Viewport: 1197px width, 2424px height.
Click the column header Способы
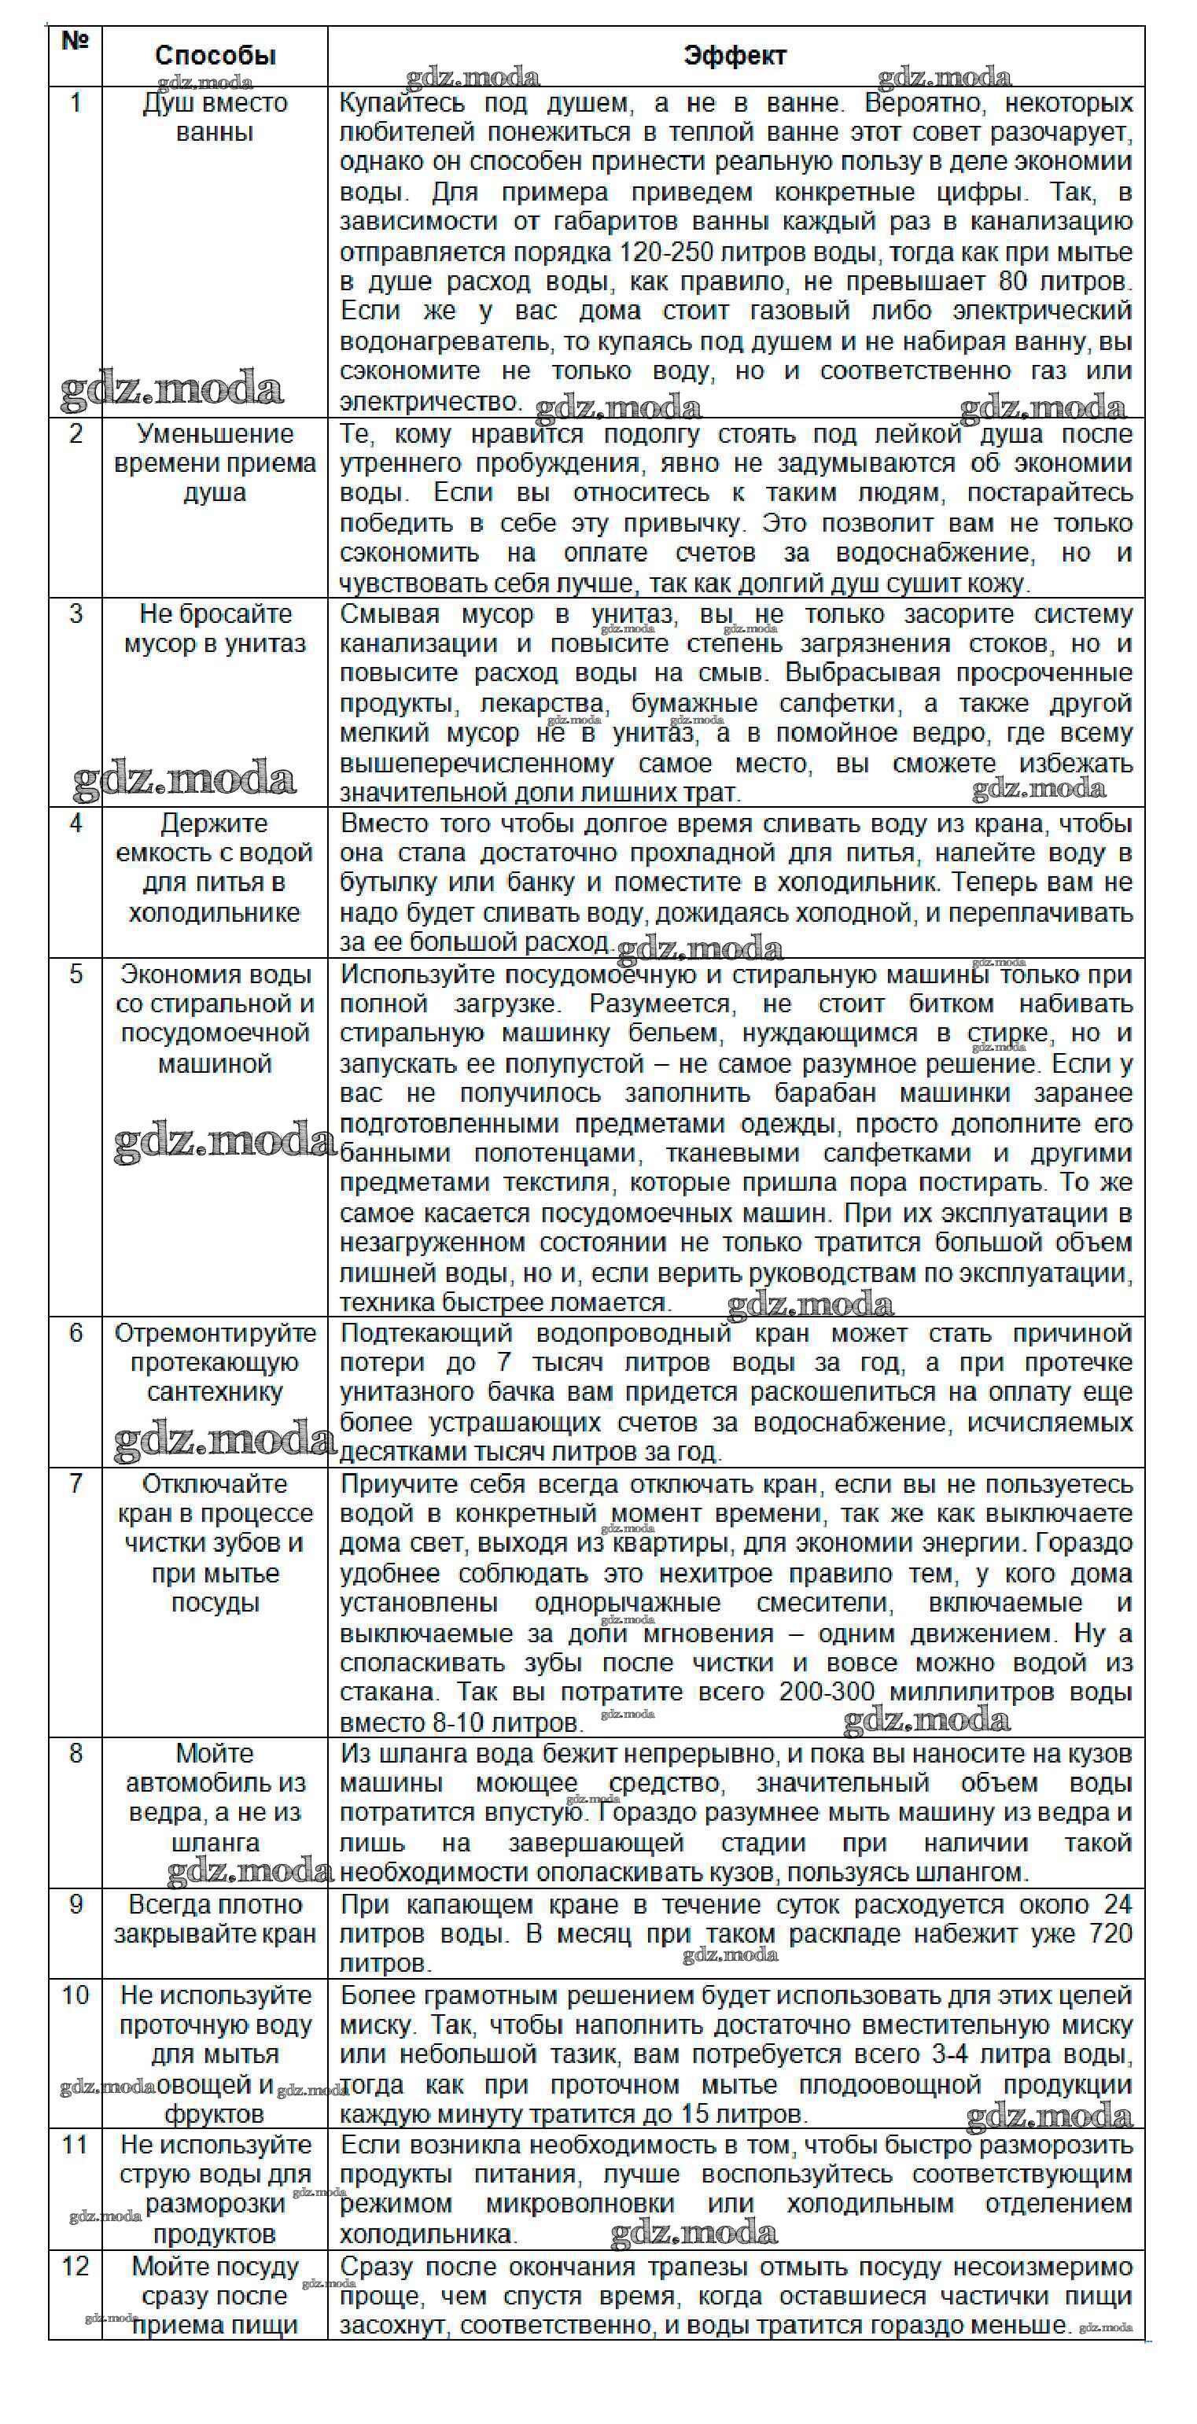(215, 56)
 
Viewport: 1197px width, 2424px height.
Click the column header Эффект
(735, 56)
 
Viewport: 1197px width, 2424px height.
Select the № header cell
(75, 42)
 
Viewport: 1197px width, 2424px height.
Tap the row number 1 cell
(76, 102)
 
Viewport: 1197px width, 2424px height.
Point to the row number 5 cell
(76, 974)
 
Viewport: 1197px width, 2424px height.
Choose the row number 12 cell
(76, 2266)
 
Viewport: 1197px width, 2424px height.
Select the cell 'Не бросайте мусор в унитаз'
(215, 628)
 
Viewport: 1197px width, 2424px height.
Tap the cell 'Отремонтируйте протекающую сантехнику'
(215, 1362)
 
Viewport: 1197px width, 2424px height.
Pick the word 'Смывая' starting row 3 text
(389, 614)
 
